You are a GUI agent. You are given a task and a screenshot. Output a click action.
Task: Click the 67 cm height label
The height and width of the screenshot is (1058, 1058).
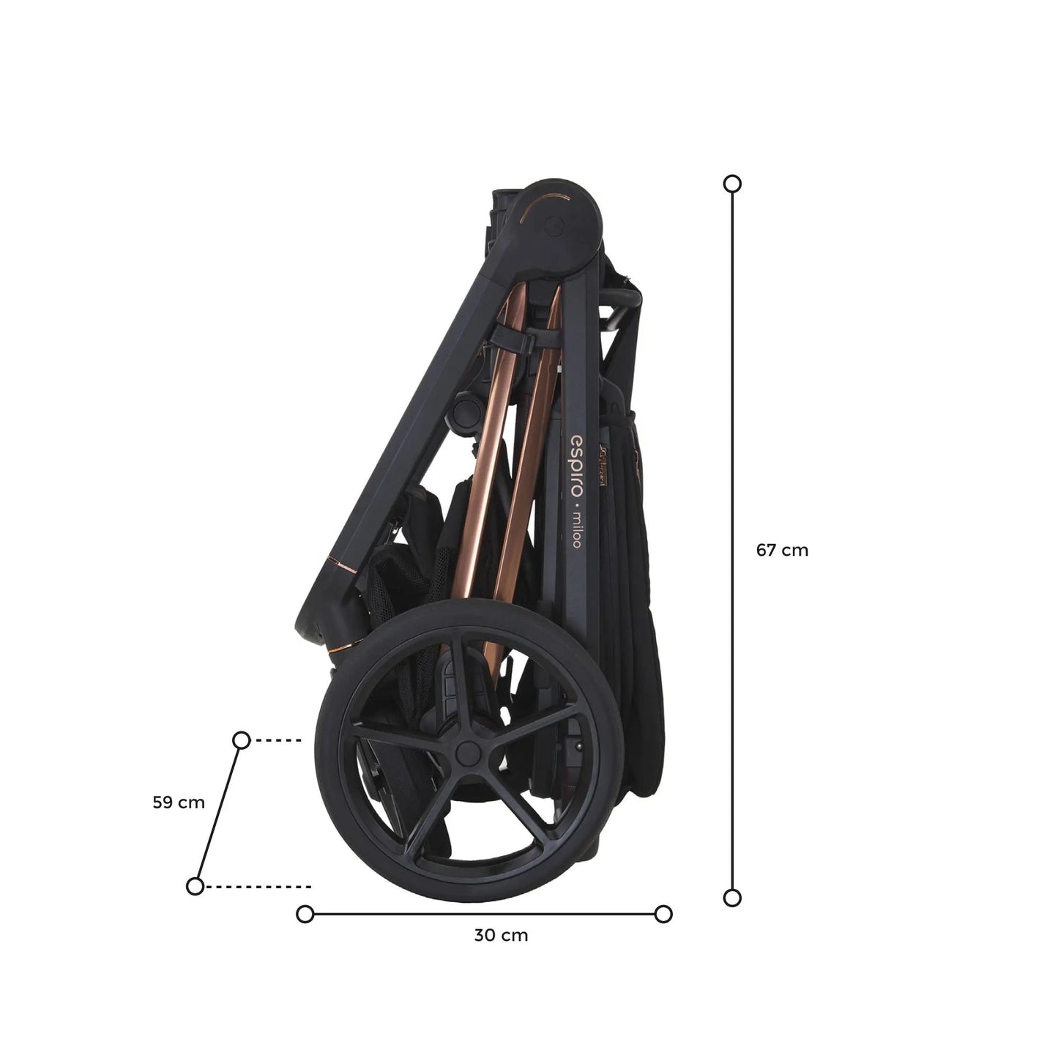click(x=782, y=550)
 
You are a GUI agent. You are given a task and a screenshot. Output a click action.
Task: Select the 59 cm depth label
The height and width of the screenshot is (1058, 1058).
click(x=179, y=802)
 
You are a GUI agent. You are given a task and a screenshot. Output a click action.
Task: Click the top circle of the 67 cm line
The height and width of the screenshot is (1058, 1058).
click(x=732, y=184)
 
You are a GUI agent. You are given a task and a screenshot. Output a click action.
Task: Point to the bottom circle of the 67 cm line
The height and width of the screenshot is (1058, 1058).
click(x=732, y=898)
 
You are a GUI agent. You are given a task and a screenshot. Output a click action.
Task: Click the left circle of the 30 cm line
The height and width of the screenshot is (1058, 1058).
click(x=305, y=914)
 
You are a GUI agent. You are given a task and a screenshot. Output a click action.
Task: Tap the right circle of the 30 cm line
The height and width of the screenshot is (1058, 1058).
click(x=664, y=914)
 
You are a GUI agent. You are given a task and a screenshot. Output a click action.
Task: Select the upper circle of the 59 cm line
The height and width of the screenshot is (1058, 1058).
click(x=242, y=740)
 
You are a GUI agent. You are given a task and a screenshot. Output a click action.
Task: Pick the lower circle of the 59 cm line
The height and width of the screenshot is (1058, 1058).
click(x=195, y=886)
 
